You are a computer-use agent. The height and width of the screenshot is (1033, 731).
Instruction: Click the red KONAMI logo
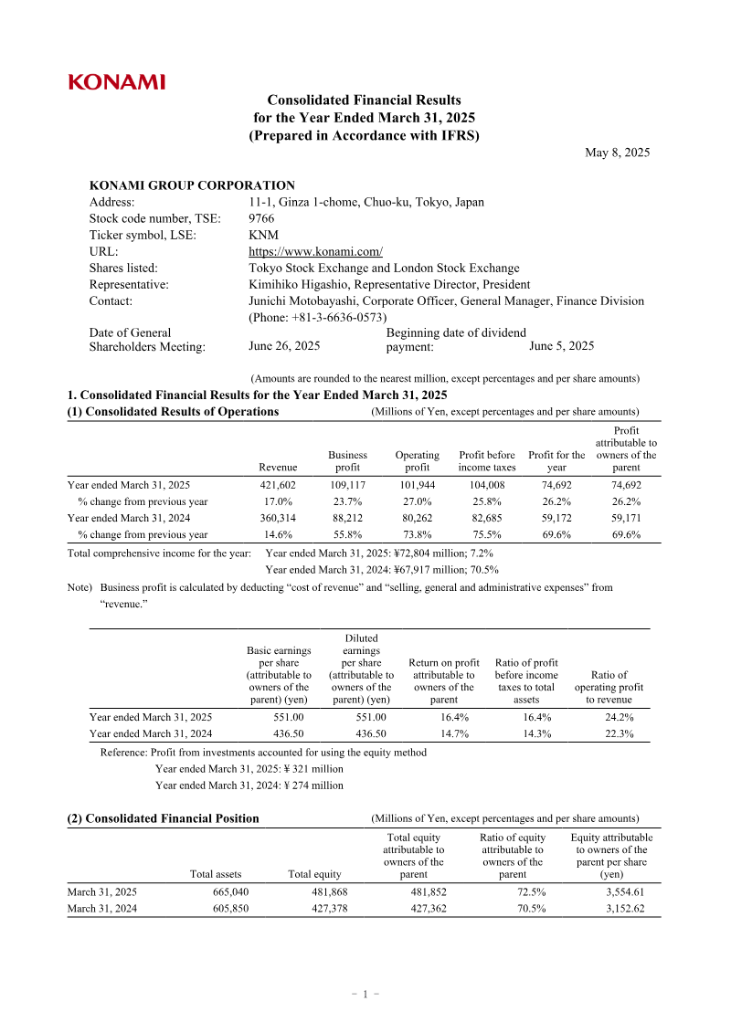coord(117,82)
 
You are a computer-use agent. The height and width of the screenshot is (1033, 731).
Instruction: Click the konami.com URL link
coord(315,251)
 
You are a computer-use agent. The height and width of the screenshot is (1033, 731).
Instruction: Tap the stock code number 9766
coord(262,218)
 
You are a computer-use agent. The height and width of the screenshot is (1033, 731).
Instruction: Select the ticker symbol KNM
coord(264,235)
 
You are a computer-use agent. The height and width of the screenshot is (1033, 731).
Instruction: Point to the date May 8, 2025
coord(617,153)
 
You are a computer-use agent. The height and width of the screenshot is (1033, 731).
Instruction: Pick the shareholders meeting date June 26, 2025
coord(284,346)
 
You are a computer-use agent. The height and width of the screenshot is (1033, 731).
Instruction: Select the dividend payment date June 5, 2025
coord(561,346)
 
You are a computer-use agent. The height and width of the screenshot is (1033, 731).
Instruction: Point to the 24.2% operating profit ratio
coord(619,718)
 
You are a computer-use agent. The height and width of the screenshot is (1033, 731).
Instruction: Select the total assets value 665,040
coord(229,891)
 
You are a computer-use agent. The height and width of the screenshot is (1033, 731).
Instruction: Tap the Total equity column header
coord(314,874)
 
